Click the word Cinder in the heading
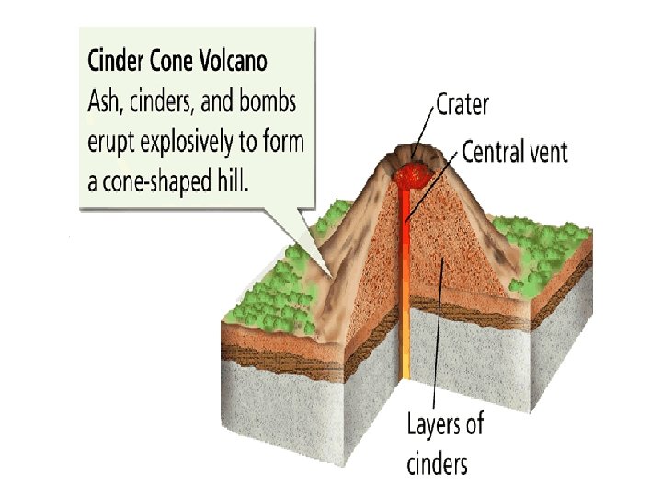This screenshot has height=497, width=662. point(114,63)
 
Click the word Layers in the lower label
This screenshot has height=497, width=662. point(437,425)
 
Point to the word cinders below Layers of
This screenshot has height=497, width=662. point(437,461)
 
